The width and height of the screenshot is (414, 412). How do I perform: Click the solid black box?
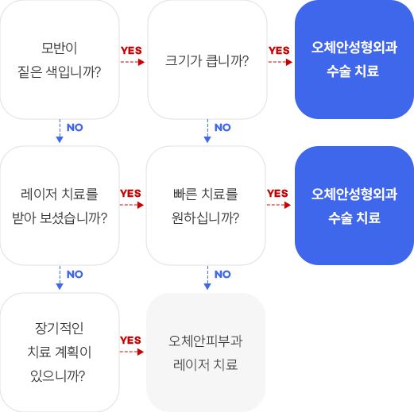[60, 60]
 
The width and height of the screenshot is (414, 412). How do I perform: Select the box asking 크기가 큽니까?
[207, 60]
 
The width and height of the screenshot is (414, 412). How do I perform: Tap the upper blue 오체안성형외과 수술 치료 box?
[354, 60]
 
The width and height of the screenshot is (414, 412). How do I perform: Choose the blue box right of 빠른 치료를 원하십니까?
[354, 206]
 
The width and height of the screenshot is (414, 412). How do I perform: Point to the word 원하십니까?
[206, 217]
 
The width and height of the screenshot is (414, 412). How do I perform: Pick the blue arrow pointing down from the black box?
[60, 133]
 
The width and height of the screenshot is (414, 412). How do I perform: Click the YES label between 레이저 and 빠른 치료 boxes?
[130, 194]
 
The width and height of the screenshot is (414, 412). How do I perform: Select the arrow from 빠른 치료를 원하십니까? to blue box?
[280, 205]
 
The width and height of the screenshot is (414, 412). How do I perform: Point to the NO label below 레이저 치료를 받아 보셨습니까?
[75, 275]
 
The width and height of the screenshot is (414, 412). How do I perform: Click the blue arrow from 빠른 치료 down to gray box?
[207, 279]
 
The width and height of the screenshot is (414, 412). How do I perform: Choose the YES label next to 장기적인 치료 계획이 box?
[130, 341]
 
